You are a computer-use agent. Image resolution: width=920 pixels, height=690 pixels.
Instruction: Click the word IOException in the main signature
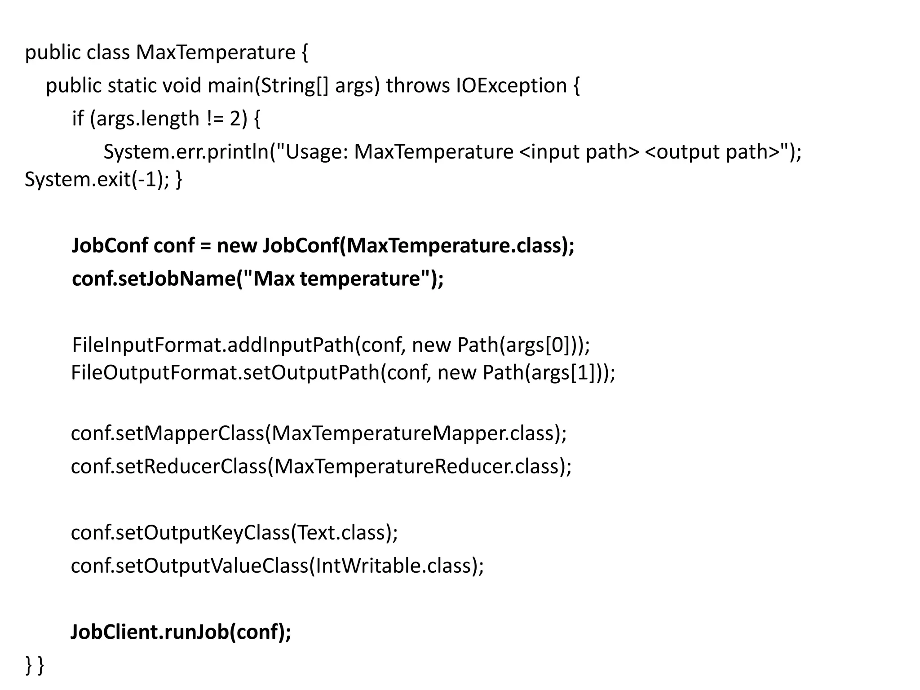coord(511,85)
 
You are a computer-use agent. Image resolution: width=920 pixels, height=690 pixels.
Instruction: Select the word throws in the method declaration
coord(417,85)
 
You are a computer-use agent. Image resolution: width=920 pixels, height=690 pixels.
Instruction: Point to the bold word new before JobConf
coord(237,246)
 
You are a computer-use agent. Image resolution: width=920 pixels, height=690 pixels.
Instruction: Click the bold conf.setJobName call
coord(257,279)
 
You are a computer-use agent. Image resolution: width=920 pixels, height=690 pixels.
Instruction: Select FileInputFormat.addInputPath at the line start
coord(213,345)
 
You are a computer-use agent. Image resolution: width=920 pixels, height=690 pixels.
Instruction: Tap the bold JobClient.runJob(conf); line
coord(181,632)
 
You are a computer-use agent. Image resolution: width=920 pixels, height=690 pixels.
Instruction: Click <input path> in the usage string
coord(579,152)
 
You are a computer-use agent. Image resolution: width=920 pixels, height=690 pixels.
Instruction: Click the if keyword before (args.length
coord(78,119)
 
